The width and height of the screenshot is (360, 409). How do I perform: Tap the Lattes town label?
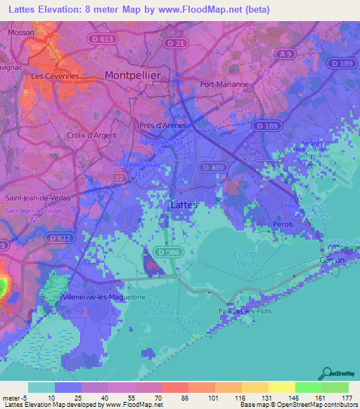pos(185,204)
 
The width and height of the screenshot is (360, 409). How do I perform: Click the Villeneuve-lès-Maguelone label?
pos(104,297)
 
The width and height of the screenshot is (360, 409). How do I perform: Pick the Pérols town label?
pos(283,225)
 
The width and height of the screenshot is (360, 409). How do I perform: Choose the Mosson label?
pos(21,32)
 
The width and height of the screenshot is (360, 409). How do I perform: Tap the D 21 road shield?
pos(176,44)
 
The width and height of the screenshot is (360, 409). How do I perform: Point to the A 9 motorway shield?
pos(283,54)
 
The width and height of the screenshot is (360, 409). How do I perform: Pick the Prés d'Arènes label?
pos(162,125)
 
